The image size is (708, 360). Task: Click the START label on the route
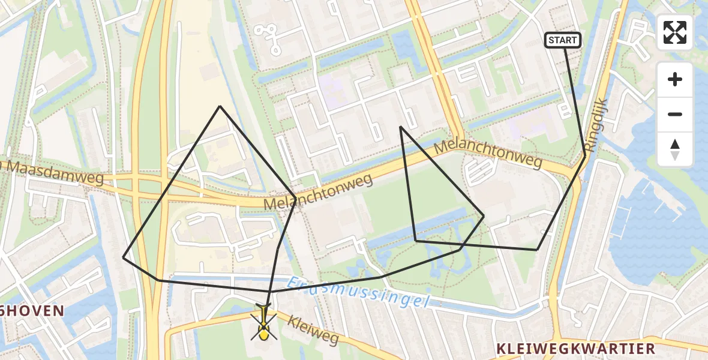pyautogui.click(x=563, y=40)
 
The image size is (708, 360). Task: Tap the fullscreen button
pyautogui.click(x=675, y=32)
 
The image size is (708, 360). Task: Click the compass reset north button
pyautogui.click(x=675, y=149)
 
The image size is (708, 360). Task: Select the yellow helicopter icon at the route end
pyautogui.click(x=264, y=322)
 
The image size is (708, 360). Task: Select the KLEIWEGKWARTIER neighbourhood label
pyautogui.click(x=575, y=349)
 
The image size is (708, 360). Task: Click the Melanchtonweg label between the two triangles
pyautogui.click(x=318, y=192)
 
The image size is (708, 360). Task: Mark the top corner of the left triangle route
pyautogui.click(x=220, y=106)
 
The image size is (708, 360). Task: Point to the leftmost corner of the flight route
pyautogui.click(x=124, y=257)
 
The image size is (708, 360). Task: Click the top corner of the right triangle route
pyautogui.click(x=400, y=127)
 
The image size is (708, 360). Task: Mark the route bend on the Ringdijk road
pyautogui.click(x=585, y=157)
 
